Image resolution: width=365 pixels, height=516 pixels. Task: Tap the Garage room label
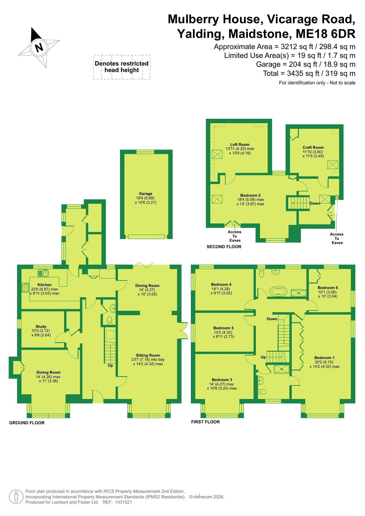146,193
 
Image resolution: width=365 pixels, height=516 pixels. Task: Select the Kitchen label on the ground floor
44,285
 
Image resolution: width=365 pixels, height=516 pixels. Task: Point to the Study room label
41,326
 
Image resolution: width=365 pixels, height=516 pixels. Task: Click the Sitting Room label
148,355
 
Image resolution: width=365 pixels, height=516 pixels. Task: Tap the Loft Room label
240,144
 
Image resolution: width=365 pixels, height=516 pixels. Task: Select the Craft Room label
313,147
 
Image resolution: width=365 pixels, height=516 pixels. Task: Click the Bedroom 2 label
250,195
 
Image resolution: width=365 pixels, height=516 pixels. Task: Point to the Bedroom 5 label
223,328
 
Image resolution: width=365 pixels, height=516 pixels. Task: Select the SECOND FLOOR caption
224,247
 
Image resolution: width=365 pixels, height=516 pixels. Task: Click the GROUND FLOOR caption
27,423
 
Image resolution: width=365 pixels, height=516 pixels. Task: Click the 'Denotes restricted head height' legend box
122,67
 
